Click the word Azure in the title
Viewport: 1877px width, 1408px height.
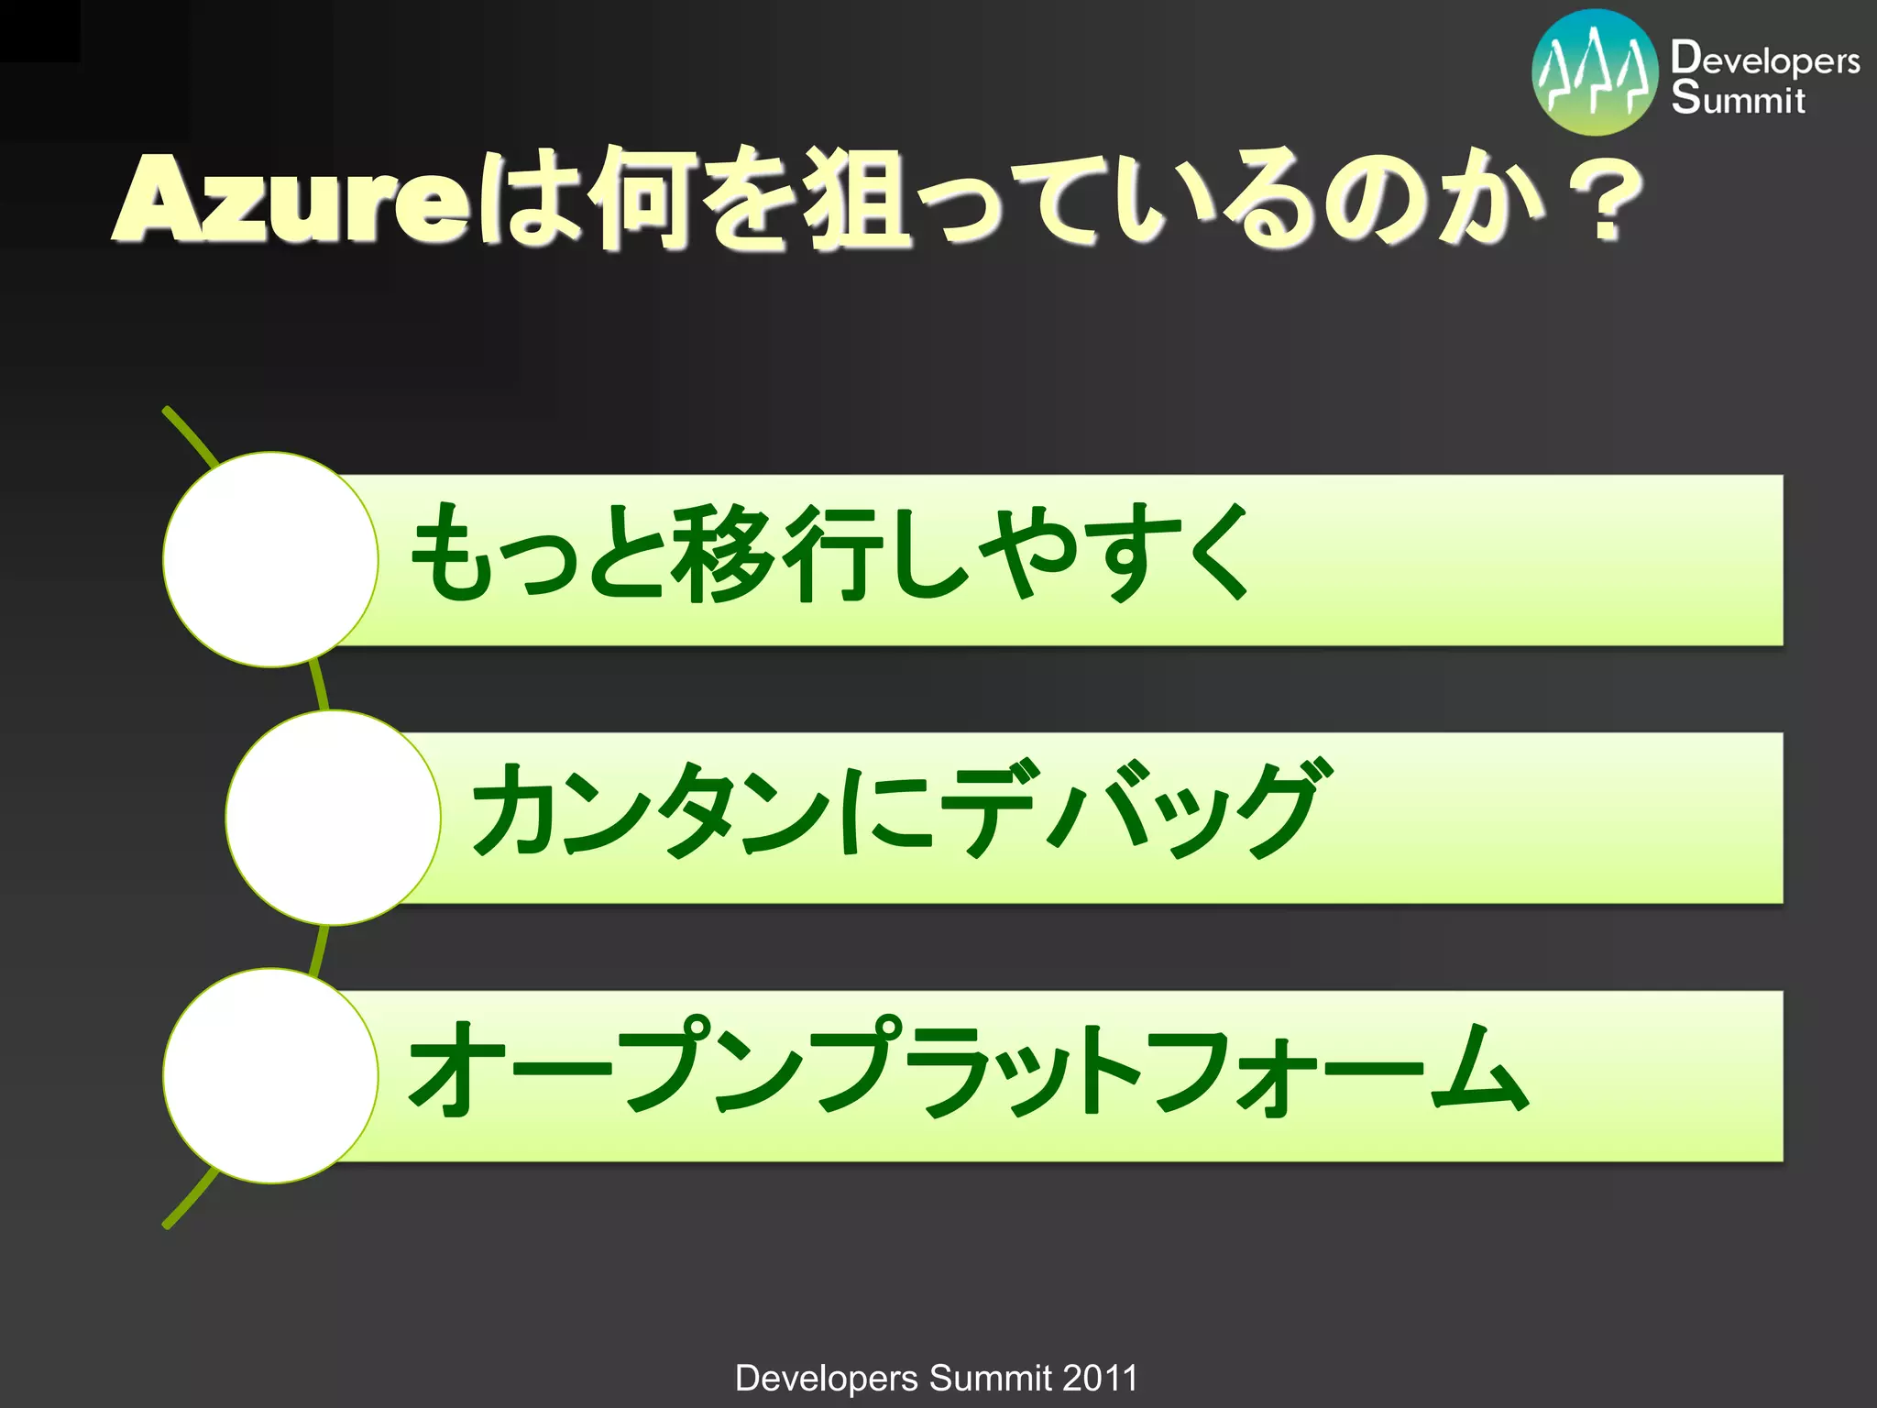[x=291, y=200]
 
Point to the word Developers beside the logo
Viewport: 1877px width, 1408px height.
[x=1764, y=60]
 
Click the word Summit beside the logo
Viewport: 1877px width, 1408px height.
[x=1737, y=98]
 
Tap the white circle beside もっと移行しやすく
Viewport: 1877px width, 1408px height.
[x=271, y=559]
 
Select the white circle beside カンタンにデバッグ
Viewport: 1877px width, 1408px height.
[x=334, y=818]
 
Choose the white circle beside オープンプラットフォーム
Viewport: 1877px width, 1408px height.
[x=271, y=1075]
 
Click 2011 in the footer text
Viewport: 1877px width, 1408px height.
[x=1100, y=1378]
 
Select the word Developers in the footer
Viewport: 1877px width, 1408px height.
[x=826, y=1378]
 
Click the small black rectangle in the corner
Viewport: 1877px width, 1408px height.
[x=39, y=30]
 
